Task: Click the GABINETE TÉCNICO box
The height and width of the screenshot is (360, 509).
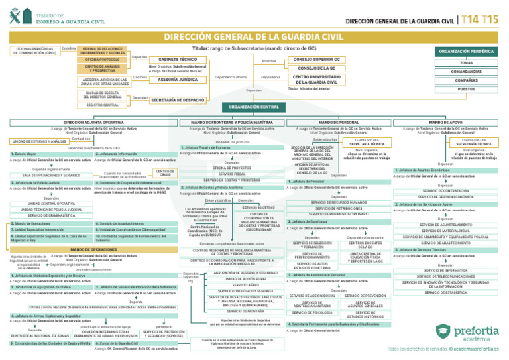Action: click(x=174, y=60)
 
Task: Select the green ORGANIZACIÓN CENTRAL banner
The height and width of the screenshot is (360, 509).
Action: click(x=254, y=107)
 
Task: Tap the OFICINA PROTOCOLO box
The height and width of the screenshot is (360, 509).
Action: click(x=102, y=60)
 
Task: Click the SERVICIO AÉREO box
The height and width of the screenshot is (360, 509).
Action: click(x=241, y=284)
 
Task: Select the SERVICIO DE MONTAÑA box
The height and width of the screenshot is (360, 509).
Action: click(x=241, y=311)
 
